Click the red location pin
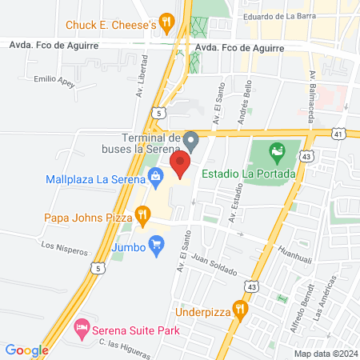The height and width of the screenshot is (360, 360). [x=181, y=164]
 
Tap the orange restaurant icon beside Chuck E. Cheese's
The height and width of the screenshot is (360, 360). [x=166, y=24]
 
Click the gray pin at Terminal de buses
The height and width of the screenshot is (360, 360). [x=190, y=139]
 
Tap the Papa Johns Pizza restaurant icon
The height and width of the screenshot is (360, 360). [x=143, y=214]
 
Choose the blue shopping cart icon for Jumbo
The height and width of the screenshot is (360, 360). [x=157, y=247]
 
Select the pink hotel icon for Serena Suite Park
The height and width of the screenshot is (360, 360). [x=81, y=327]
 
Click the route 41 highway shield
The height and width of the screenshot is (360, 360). [x=341, y=135]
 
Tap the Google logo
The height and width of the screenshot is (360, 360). [x=26, y=350]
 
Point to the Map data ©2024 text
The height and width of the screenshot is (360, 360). [x=325, y=354]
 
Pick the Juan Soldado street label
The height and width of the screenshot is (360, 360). [x=215, y=265]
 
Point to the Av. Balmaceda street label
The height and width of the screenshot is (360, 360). [x=313, y=91]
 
